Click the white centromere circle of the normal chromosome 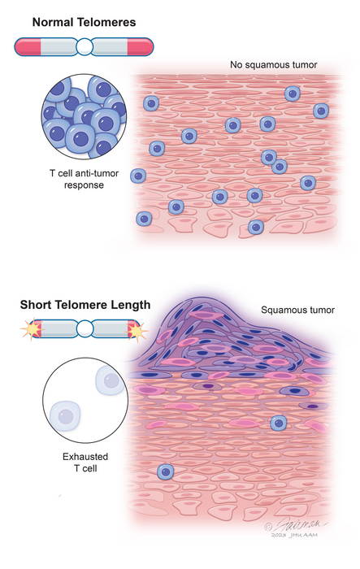[x=85, y=47]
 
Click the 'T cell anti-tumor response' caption [x=85, y=180]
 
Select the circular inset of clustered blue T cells [x=85, y=119]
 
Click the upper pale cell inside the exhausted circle [x=106, y=380]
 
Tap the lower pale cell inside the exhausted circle [x=65, y=415]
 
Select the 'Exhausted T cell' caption [x=85, y=463]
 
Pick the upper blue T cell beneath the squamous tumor [x=278, y=423]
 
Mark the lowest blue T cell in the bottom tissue [x=166, y=471]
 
